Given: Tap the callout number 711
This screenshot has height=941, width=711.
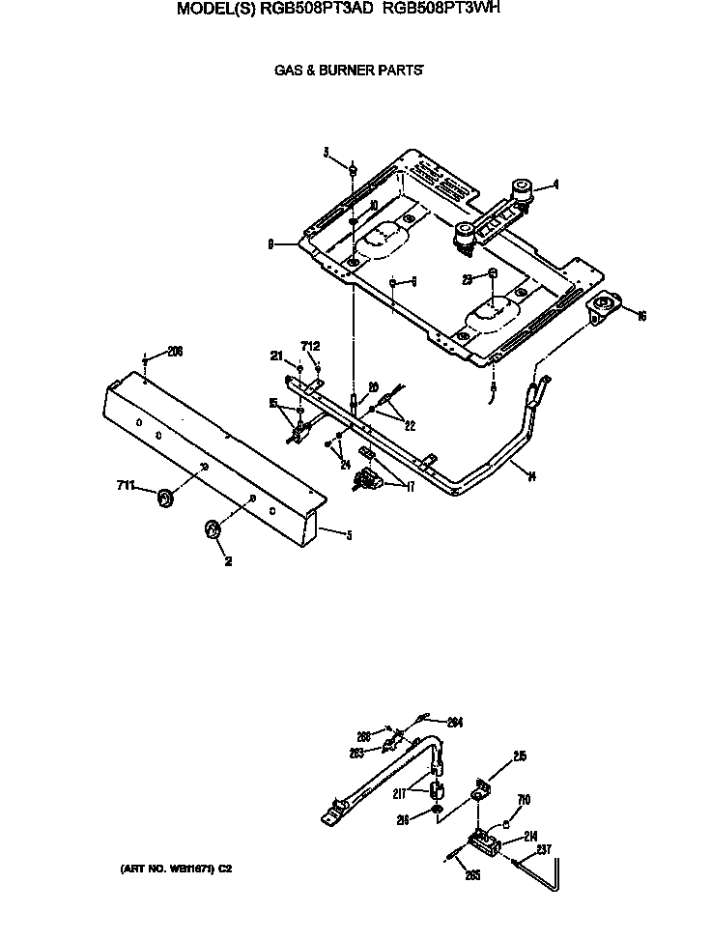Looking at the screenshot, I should tap(127, 485).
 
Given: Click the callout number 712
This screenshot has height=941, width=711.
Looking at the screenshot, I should tap(310, 346).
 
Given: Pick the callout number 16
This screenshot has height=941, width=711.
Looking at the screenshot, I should tap(641, 315).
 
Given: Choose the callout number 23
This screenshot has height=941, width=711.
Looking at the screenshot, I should tap(467, 279).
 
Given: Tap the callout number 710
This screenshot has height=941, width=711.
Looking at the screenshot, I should tap(524, 799).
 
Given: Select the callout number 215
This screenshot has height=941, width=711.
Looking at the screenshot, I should tap(520, 757).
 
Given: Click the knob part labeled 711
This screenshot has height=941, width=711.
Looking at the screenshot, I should tap(165, 498).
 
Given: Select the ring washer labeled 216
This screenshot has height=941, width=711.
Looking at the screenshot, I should tap(438, 808).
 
